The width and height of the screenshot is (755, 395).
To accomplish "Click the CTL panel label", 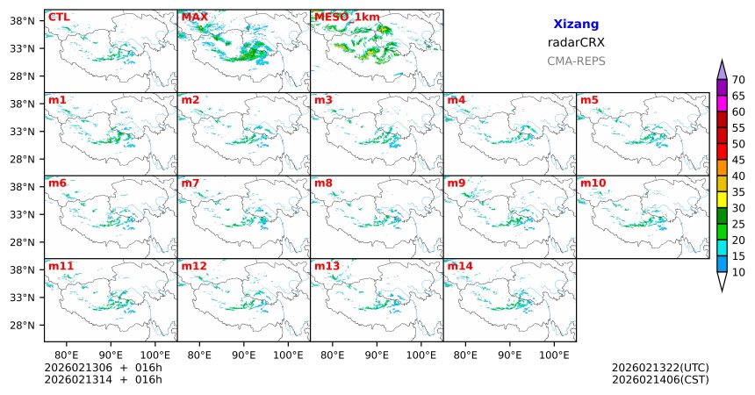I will tap(58, 17).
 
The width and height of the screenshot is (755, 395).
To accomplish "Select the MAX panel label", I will tap(193, 17).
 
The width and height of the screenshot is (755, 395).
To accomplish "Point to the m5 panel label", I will tap(588, 100).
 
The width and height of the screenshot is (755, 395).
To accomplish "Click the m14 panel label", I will tap(458, 266).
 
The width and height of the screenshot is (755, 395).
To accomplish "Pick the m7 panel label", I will tap(191, 183).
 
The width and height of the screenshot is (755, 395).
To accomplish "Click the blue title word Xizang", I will tap(576, 25).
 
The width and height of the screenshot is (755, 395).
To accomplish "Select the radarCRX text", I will tap(576, 42).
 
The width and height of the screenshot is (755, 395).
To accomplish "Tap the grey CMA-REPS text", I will tap(576, 61).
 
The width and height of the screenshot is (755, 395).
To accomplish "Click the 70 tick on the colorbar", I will tap(738, 79).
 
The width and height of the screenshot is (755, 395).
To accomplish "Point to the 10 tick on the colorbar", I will tap(738, 273).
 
